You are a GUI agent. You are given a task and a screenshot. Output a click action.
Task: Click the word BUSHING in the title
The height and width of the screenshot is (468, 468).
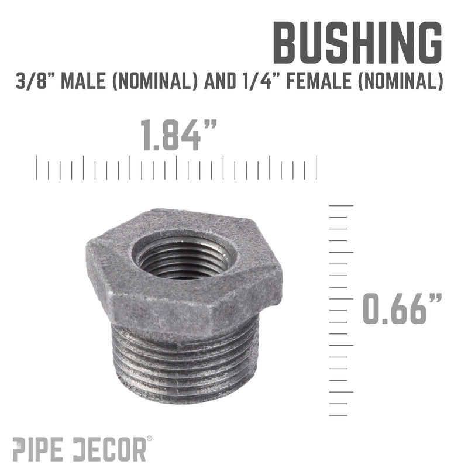[358, 44]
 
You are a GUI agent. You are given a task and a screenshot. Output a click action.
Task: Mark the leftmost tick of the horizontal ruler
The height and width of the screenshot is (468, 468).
[37, 167]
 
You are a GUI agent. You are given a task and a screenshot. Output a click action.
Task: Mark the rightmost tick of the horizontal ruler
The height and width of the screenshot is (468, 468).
[316, 167]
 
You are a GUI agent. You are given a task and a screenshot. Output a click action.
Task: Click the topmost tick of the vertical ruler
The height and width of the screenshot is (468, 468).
[342, 206]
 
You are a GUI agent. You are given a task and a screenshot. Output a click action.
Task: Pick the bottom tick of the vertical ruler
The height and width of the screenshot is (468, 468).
[339, 415]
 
